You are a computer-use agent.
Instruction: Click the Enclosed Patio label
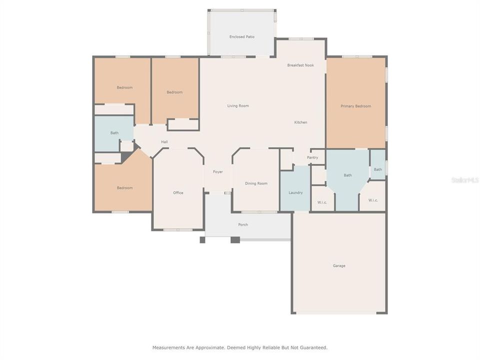(x=242, y=36)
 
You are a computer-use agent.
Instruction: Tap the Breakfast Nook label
(x=300, y=65)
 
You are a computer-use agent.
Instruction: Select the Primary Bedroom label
(x=355, y=106)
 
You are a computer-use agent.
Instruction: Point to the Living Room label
(x=238, y=105)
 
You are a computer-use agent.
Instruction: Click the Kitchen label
(x=300, y=122)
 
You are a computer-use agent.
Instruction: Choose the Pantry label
(x=312, y=157)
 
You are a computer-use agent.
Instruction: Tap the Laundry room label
(x=295, y=192)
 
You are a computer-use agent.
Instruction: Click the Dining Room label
(x=256, y=183)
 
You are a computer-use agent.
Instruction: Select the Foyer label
(x=218, y=172)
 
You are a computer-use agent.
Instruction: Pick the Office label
(x=178, y=192)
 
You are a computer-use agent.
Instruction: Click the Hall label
(x=164, y=142)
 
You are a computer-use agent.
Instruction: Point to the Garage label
(x=339, y=265)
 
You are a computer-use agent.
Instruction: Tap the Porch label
(x=243, y=224)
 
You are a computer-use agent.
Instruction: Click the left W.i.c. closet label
(x=322, y=202)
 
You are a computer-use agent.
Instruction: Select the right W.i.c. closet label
(x=373, y=200)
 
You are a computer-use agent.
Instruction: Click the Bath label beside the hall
(x=114, y=132)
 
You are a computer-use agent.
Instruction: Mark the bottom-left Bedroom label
(x=124, y=187)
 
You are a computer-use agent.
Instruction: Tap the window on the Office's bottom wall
(x=177, y=230)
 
